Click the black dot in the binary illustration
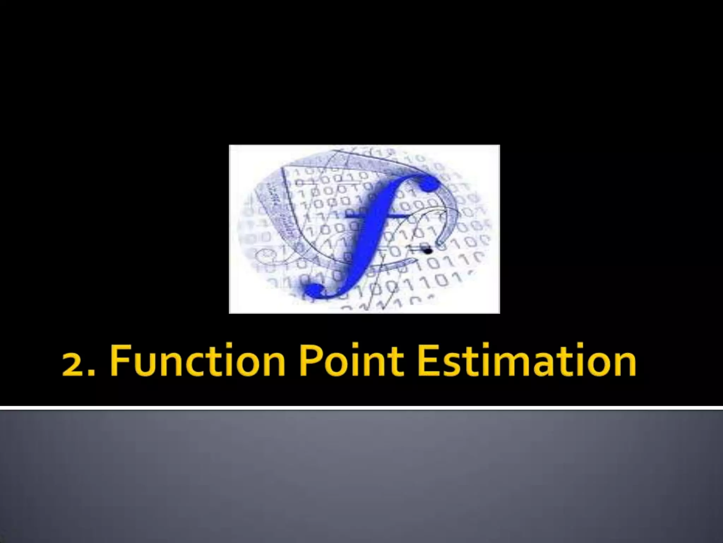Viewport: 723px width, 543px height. (x=428, y=251)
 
